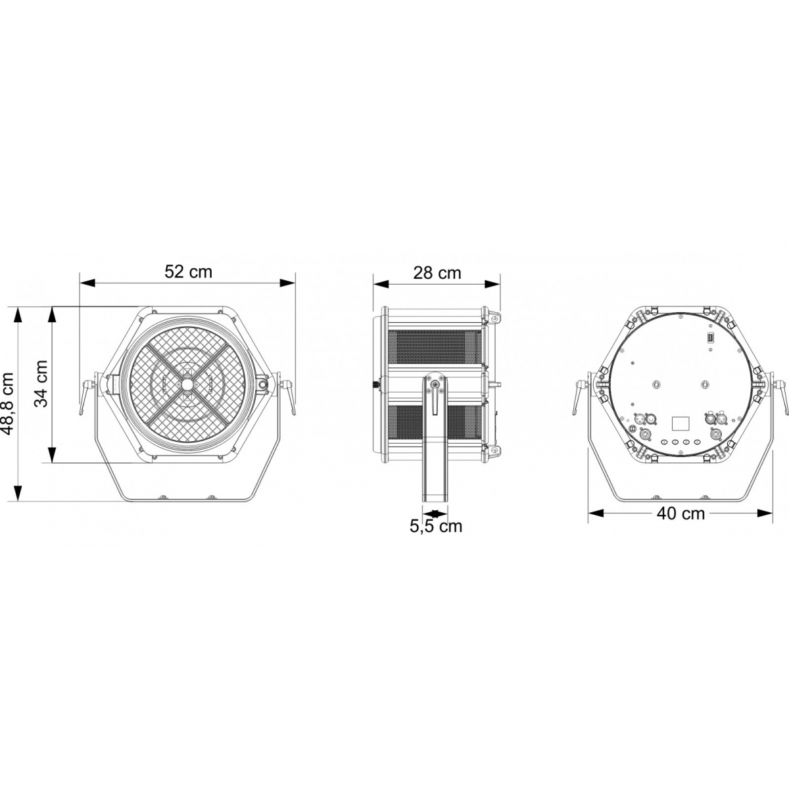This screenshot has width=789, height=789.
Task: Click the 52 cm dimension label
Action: click(x=188, y=272)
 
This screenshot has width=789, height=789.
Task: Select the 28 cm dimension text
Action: click(x=437, y=272)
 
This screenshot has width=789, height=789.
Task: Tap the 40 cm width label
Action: click(x=681, y=513)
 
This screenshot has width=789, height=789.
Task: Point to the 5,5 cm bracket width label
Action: click(x=436, y=526)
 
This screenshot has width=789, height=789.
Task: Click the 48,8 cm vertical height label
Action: click(x=9, y=404)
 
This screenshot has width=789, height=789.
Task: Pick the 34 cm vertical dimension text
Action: click(x=41, y=384)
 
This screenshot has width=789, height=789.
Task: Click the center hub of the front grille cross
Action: click(x=188, y=385)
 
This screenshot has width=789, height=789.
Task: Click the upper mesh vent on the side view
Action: click(x=434, y=347)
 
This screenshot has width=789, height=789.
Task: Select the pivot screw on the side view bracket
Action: click(x=434, y=386)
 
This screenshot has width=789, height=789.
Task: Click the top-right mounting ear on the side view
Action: click(x=492, y=317)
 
